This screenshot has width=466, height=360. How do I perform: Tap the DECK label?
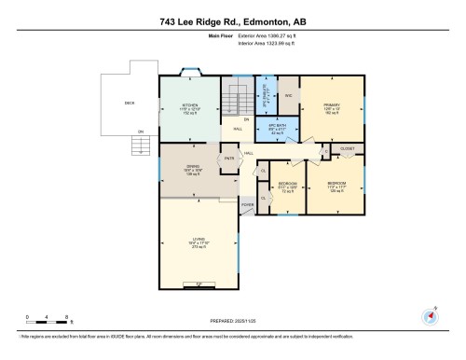130,103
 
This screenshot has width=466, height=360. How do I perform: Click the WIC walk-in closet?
289,96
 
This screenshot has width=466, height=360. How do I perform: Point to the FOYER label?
247,204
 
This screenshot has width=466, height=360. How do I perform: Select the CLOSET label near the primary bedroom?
347,148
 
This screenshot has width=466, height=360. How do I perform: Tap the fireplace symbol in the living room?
198,284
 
